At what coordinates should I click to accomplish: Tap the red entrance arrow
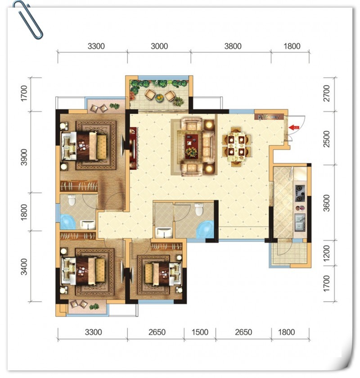click(x=293, y=128)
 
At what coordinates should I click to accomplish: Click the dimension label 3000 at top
click(x=159, y=46)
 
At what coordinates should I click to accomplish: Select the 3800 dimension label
click(x=233, y=46)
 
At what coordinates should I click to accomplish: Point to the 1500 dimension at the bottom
click(x=200, y=332)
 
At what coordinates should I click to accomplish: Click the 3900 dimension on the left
click(x=24, y=157)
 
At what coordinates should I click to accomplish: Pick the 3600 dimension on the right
click(x=326, y=203)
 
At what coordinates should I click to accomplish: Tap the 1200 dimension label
click(x=326, y=253)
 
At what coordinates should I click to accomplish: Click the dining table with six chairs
click(x=236, y=147)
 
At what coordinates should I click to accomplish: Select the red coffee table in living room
click(x=192, y=146)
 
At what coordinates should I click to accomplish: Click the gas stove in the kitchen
click(x=300, y=193)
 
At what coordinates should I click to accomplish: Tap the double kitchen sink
click(x=300, y=223)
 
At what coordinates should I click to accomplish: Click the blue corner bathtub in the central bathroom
click(x=205, y=229)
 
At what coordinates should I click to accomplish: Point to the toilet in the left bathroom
click(x=72, y=200)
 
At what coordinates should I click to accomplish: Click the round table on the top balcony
click(x=159, y=98)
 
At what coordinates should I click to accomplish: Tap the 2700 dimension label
click(x=326, y=93)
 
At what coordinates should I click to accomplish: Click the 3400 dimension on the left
click(x=24, y=267)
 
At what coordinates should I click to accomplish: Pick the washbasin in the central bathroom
click(x=164, y=232)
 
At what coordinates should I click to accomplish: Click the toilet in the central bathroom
click(x=199, y=209)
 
